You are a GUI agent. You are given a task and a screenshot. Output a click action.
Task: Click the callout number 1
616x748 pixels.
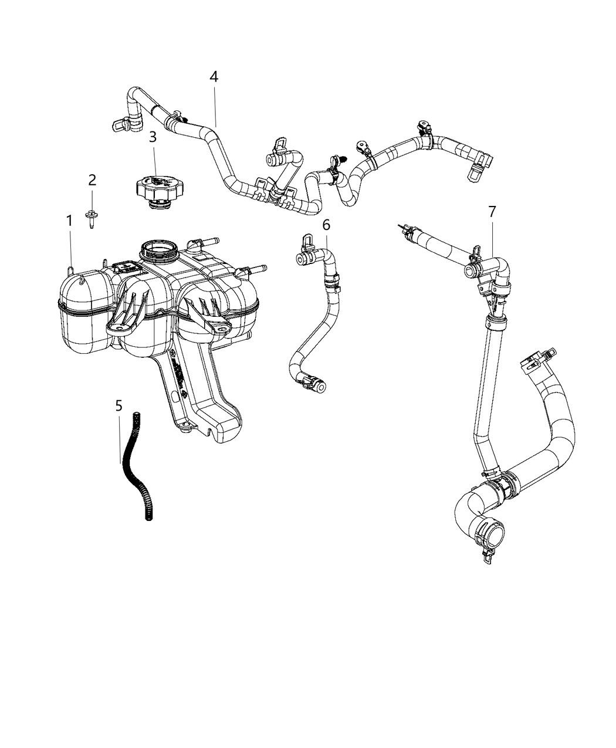69,221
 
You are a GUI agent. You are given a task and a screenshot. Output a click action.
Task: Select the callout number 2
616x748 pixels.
92,180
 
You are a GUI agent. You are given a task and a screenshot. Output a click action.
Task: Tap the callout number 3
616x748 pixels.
153,137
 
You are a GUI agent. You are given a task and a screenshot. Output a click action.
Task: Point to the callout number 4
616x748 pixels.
214,76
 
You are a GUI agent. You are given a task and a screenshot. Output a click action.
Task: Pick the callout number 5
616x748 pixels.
119,405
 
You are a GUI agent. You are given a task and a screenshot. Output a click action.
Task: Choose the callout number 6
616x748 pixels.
326,224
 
